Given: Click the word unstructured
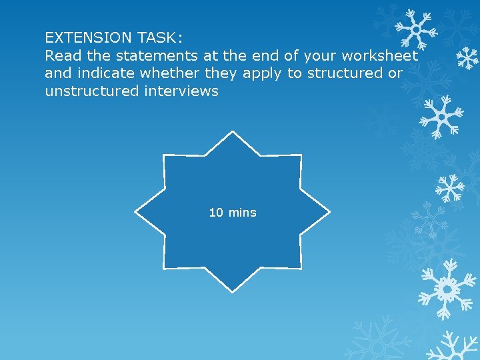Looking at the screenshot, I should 91,91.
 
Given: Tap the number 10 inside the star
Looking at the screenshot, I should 216,213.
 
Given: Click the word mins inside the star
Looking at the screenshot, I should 242,213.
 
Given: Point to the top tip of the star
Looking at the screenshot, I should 232,133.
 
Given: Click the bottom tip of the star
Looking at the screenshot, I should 232,291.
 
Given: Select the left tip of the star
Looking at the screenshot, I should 136,212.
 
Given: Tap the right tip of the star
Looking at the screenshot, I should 329,212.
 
